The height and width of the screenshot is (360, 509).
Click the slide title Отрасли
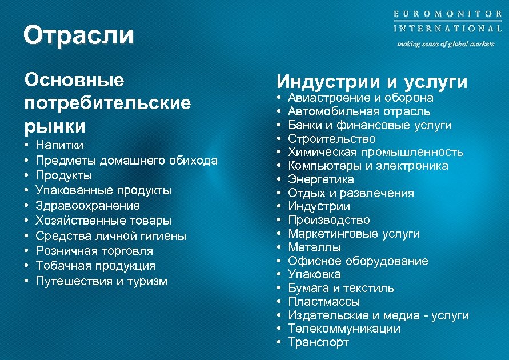click(x=78, y=35)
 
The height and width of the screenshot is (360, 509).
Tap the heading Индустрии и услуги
click(x=372, y=82)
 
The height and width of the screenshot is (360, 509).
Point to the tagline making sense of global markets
click(x=446, y=44)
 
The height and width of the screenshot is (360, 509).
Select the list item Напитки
click(x=59, y=145)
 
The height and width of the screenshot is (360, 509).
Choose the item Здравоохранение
click(x=87, y=206)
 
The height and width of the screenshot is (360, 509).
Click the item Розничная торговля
click(x=94, y=251)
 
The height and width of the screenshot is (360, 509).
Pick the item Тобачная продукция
click(x=95, y=266)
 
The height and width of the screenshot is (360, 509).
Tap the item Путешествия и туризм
click(x=102, y=281)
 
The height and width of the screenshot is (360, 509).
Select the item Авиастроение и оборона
click(x=360, y=98)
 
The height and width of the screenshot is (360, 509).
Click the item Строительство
click(x=332, y=139)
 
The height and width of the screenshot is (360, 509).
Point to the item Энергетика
click(x=321, y=179)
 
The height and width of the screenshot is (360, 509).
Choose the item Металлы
click(x=315, y=247)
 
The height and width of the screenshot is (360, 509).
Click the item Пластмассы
click(x=324, y=302)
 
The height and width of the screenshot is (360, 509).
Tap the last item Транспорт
click(x=318, y=342)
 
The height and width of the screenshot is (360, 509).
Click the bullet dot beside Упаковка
click(x=278, y=275)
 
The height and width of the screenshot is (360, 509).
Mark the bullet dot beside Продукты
click(x=27, y=175)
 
